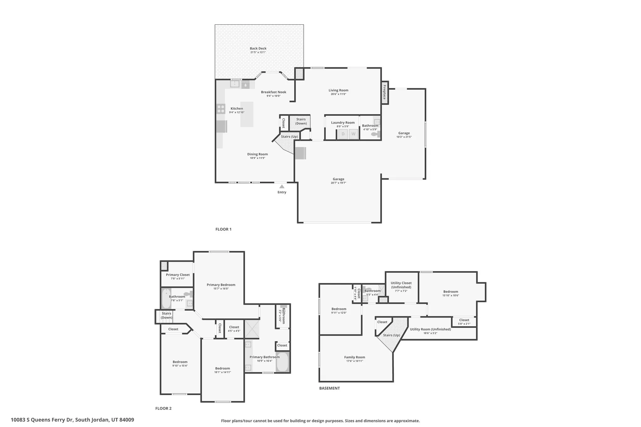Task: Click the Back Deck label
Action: [x=258, y=48]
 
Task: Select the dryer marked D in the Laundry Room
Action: [x=343, y=134]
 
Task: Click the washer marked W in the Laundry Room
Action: [x=353, y=134]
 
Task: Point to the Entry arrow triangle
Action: [x=282, y=186]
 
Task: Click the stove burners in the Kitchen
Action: [x=221, y=109]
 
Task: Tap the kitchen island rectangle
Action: [x=247, y=114]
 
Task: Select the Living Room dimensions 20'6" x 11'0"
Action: [x=338, y=94]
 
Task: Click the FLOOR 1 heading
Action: [x=223, y=229]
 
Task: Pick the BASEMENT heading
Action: [x=329, y=388]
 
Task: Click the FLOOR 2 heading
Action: [x=163, y=408]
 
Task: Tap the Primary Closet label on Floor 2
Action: [x=178, y=275]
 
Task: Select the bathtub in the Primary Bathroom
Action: [x=283, y=362]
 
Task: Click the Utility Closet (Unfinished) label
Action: [x=401, y=285]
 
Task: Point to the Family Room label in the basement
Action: [x=355, y=357]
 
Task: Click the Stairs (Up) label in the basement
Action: [x=392, y=335]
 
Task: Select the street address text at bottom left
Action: [x=72, y=420]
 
